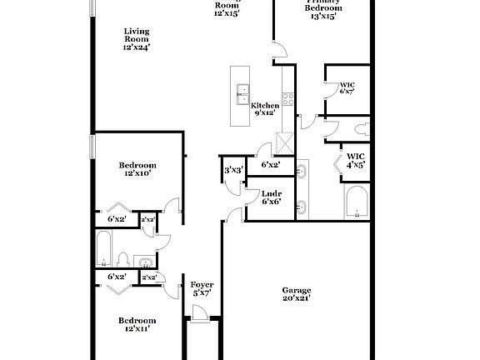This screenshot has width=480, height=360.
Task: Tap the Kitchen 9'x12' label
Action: click(265, 109)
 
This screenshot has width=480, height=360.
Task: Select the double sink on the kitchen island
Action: click(243, 91)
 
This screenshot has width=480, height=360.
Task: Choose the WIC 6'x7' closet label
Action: click(347, 87)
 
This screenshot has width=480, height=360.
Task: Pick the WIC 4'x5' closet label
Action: click(356, 160)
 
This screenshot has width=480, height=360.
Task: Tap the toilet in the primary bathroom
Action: click(362, 129)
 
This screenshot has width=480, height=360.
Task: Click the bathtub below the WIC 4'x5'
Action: click(356, 201)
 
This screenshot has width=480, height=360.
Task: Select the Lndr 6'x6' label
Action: click(270, 197)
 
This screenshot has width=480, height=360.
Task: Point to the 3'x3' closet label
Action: click(232, 171)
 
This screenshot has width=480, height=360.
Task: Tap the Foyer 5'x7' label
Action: click(202, 288)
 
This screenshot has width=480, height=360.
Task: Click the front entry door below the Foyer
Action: click(200, 313)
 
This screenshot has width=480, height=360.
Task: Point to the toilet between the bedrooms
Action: click(122, 257)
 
